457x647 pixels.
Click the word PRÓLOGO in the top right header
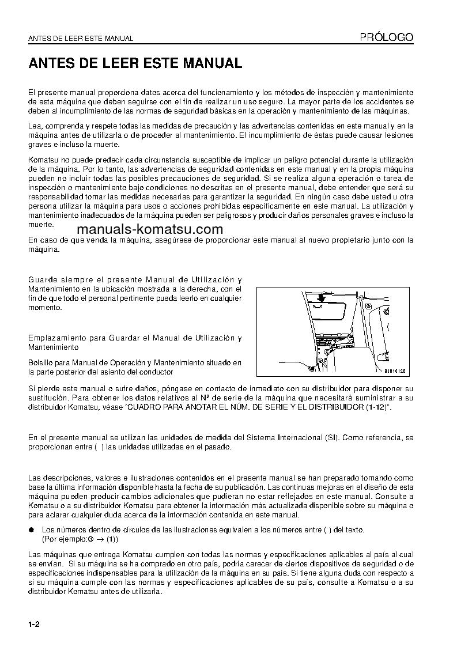(x=387, y=37)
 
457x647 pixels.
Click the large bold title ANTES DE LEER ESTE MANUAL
(x=135, y=63)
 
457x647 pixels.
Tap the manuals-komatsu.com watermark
(x=149, y=229)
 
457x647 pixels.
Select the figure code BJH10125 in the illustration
(x=395, y=372)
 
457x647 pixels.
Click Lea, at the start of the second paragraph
(x=35, y=126)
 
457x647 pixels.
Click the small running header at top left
(x=81, y=39)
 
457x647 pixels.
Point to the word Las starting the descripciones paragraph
(x=35, y=478)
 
